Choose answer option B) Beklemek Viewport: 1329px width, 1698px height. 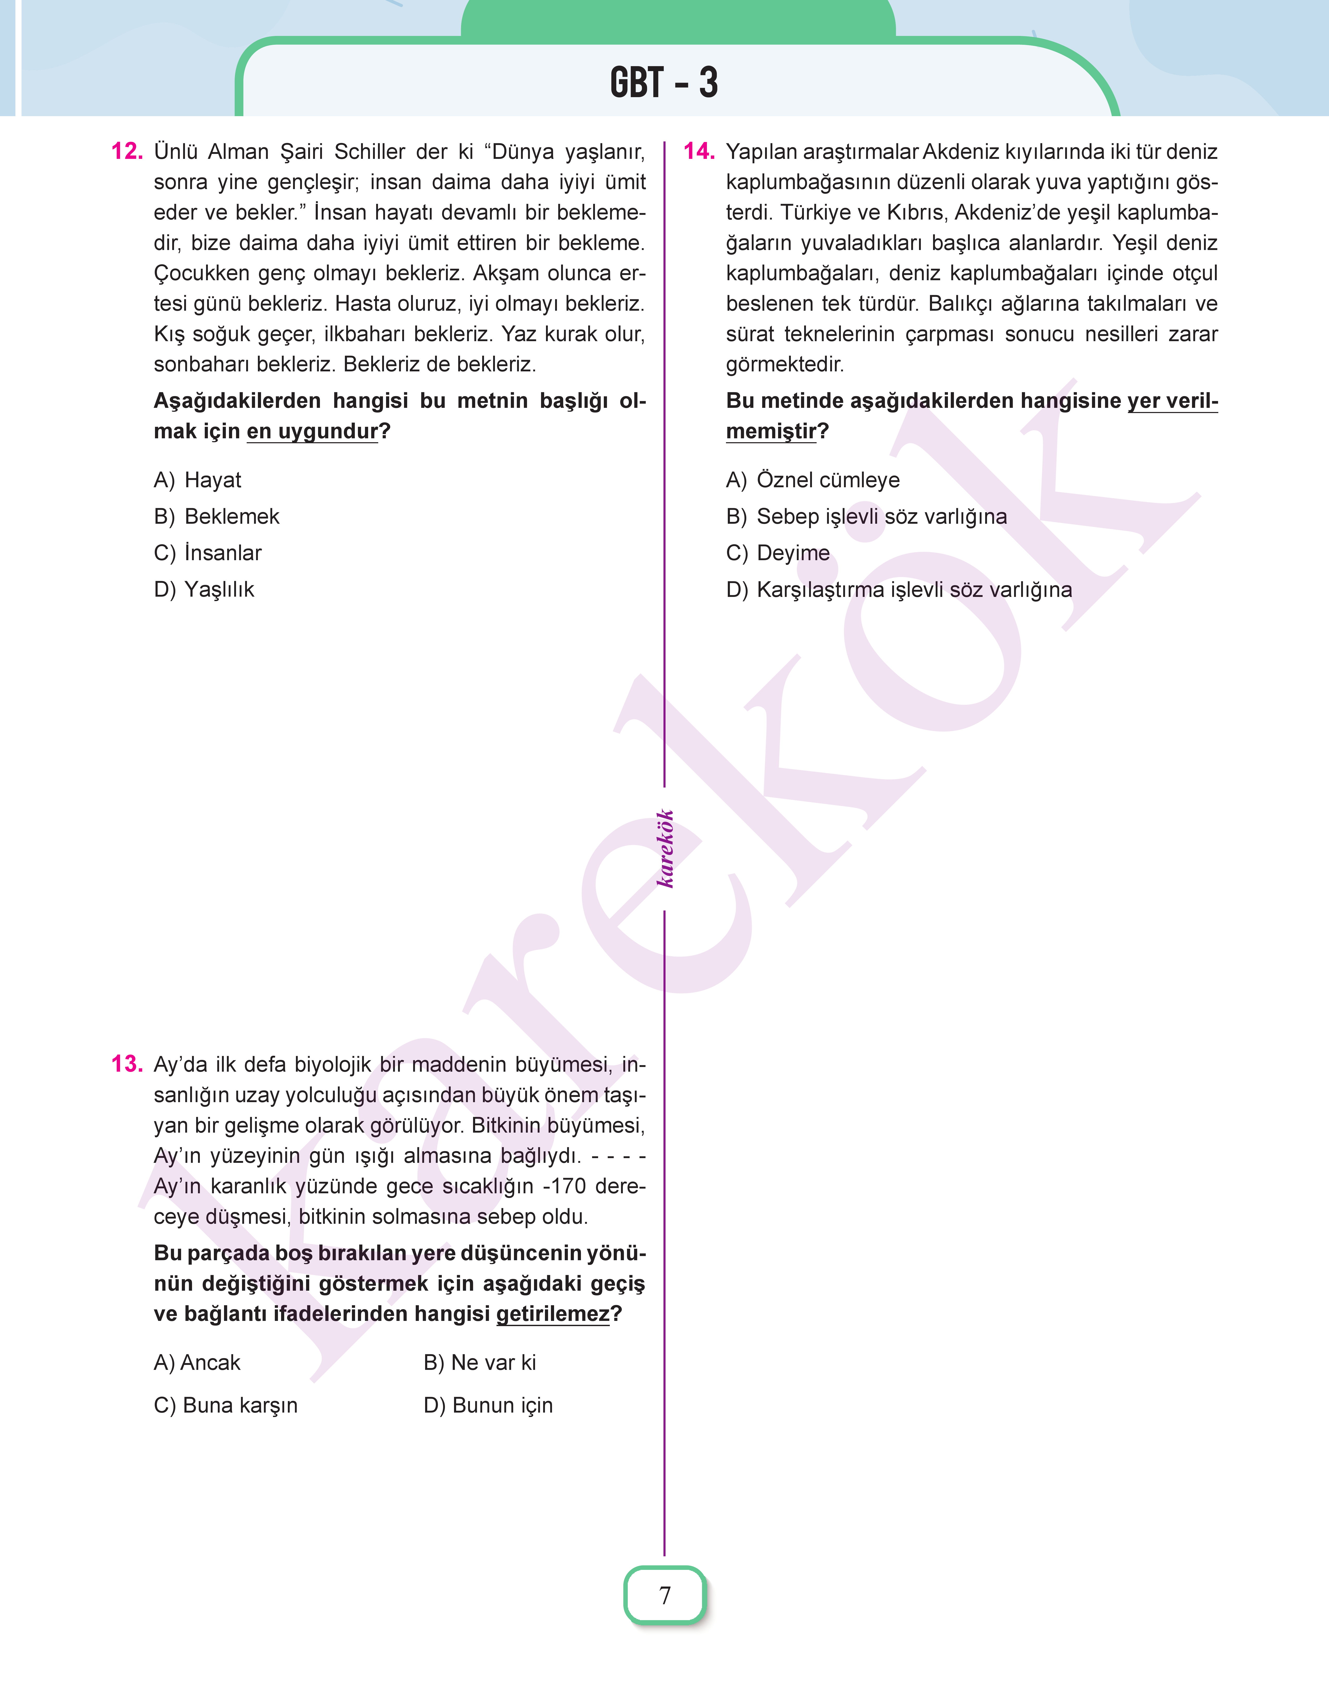(216, 516)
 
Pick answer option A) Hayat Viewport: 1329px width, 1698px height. (198, 480)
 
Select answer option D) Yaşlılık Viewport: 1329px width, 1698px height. (204, 590)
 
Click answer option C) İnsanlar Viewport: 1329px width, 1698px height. (208, 553)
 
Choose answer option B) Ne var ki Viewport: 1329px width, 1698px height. (479, 1363)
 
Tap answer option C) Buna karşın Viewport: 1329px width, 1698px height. (226, 1406)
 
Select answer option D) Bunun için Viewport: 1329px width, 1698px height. (488, 1406)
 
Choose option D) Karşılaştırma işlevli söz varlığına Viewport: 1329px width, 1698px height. (899, 590)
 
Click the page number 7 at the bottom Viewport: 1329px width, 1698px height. (664, 1595)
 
